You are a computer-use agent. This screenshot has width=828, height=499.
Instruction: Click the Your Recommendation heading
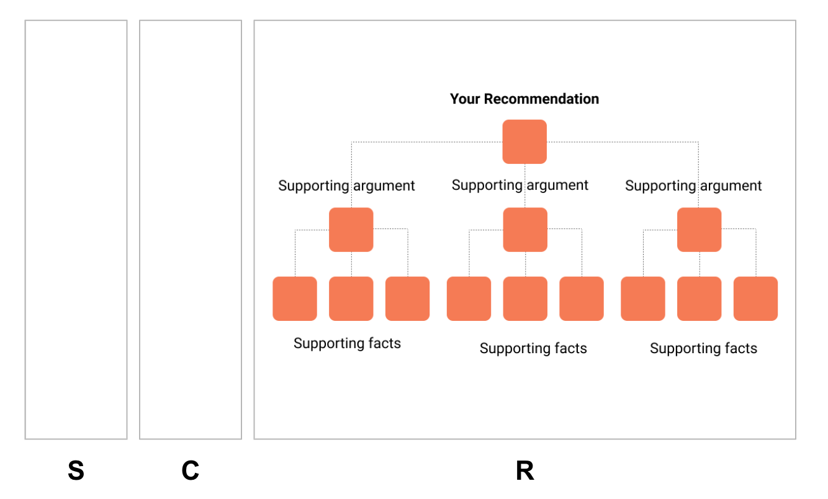[524, 99]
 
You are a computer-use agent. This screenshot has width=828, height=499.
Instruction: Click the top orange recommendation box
[524, 142]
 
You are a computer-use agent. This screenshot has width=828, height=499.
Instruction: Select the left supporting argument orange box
[351, 230]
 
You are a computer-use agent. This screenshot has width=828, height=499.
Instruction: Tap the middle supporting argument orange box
[525, 230]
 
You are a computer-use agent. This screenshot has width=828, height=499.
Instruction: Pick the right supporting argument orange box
[699, 230]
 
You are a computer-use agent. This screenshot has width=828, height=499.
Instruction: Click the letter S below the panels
[76, 472]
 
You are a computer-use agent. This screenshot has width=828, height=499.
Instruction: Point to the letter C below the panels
[190, 472]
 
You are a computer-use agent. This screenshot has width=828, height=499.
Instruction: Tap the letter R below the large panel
[524, 472]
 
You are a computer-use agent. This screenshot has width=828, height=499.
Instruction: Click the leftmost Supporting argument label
[346, 186]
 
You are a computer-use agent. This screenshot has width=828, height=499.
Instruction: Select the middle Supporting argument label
[520, 185]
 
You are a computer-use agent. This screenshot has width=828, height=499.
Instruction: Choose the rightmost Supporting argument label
[693, 186]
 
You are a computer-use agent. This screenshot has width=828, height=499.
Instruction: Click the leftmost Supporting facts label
[347, 343]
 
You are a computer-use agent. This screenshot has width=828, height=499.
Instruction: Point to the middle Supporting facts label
[533, 349]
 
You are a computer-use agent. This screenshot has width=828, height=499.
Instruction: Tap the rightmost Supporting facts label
[703, 349]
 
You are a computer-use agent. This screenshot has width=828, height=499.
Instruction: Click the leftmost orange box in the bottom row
[295, 299]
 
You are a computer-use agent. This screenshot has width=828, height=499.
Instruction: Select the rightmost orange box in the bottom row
[755, 299]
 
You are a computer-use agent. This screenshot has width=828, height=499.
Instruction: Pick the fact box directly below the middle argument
[525, 299]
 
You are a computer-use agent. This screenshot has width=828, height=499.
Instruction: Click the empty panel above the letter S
[76, 230]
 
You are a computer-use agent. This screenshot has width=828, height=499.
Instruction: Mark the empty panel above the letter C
[190, 230]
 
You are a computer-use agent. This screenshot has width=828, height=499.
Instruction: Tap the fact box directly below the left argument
[351, 299]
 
